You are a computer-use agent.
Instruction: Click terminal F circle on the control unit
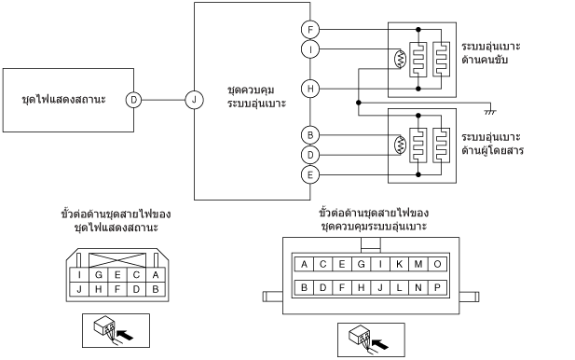310,30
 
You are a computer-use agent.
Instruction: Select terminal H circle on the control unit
310,89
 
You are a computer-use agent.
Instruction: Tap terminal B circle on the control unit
310,135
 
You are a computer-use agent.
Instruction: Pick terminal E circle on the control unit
310,174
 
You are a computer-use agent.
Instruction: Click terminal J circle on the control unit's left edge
195,100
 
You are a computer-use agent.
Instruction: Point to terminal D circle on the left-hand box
134,100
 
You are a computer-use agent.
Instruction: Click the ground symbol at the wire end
490,112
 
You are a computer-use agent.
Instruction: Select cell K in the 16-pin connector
400,264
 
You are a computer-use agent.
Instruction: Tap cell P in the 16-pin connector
437,287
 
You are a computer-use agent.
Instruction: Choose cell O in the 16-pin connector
437,264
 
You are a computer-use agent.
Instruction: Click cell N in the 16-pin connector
418,287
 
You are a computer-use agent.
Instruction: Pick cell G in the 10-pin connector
98,275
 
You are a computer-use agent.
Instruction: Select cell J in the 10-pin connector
79,289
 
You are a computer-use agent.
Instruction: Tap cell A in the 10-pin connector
155,275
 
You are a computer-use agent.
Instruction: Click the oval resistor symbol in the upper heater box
400,59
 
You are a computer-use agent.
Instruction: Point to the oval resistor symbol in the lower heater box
400,145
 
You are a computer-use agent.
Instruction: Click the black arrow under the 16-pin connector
380,344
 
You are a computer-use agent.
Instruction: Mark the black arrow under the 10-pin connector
125,335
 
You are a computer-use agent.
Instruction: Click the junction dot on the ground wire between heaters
359,103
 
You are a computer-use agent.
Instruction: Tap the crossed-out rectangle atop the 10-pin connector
117,260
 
